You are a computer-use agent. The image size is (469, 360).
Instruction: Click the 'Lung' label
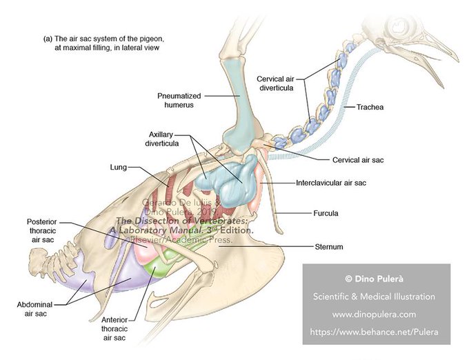[x=117, y=167]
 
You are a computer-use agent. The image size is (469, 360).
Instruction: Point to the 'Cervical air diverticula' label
[x=281, y=82]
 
